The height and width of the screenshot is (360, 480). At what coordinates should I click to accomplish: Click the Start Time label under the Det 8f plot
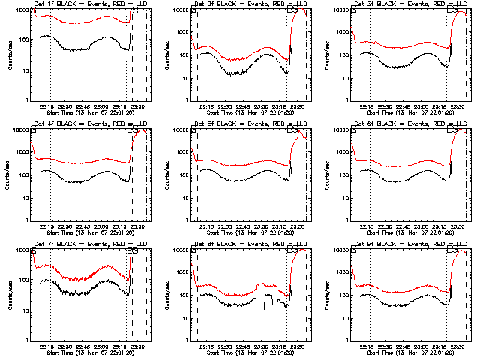pyautogui.click(x=244, y=352)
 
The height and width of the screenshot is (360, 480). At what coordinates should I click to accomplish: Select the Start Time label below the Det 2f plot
pyautogui.click(x=244, y=112)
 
